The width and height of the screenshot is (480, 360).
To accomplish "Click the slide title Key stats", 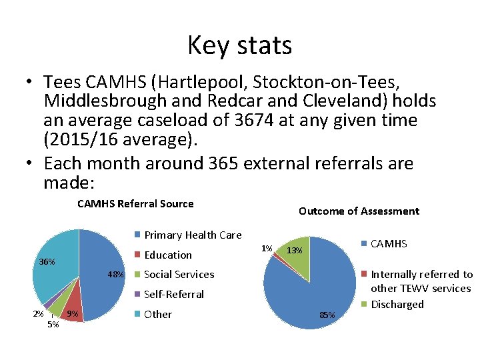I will [x=239, y=45].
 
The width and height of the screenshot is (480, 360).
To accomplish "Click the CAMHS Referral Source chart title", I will [x=135, y=204].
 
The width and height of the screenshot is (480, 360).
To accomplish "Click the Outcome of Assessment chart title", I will [x=359, y=211].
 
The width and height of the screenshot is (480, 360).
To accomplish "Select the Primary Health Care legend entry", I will [x=193, y=235].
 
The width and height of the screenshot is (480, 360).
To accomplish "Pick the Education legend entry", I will [x=167, y=255].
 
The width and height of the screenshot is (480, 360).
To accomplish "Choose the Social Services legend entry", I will [x=179, y=274].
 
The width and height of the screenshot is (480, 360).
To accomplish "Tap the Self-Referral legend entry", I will [x=173, y=294].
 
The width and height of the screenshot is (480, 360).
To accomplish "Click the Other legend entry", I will [x=157, y=314].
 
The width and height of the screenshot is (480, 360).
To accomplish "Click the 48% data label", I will [x=116, y=274].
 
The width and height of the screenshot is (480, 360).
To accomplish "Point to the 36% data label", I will [x=47, y=261].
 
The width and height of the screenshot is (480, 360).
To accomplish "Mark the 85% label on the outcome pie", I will [x=327, y=315].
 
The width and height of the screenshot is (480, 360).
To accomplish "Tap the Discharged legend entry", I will [x=397, y=304].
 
